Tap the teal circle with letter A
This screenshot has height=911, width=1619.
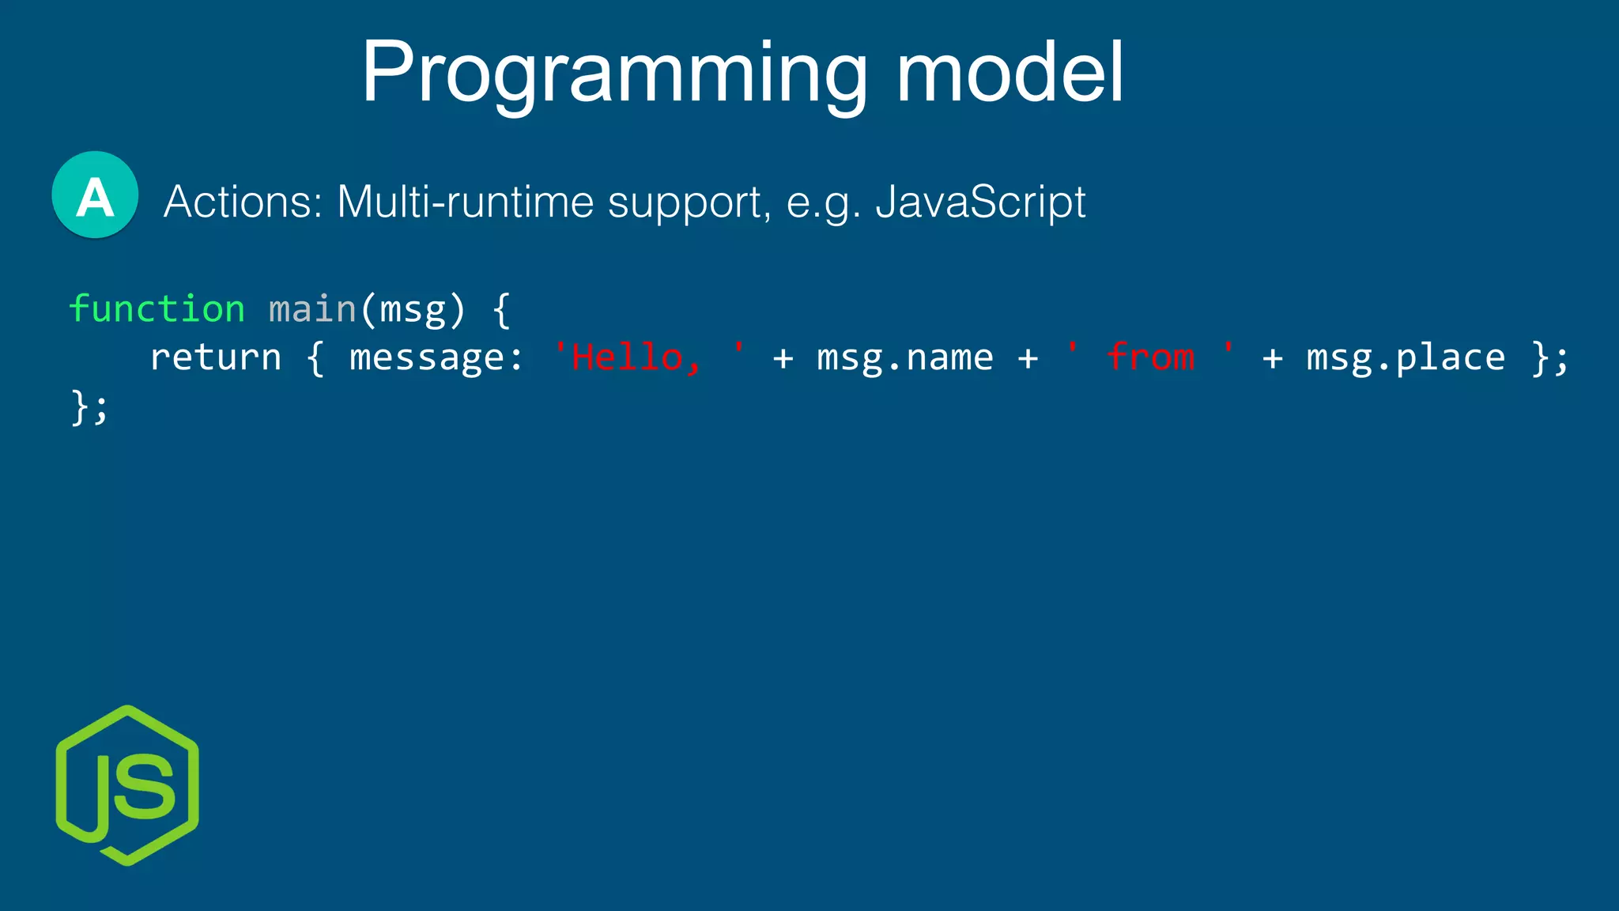[x=95, y=195]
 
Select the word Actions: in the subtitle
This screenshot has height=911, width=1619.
[x=243, y=202]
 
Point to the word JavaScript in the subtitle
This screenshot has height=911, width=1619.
[x=980, y=202]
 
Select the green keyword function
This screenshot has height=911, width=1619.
[x=157, y=308]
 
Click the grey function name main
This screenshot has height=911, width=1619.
[x=312, y=308]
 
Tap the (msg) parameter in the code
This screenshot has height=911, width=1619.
[x=413, y=308]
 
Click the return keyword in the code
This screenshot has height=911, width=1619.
[x=216, y=357]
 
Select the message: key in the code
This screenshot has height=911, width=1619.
[x=436, y=357]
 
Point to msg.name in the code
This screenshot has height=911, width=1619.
[x=904, y=357]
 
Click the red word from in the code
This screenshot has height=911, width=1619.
[x=1150, y=357]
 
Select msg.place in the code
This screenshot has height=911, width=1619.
[x=1406, y=357]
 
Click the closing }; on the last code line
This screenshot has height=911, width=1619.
[x=89, y=407]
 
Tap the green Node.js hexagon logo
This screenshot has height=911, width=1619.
[x=127, y=785]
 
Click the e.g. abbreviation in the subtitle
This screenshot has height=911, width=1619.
[x=822, y=203]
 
